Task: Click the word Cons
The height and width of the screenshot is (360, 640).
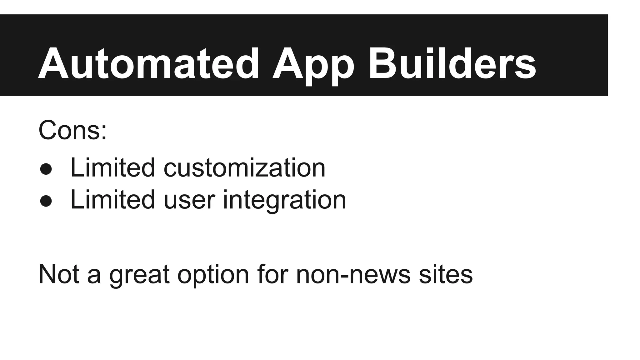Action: point(69,130)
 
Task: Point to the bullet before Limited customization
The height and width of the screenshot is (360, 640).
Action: point(46,169)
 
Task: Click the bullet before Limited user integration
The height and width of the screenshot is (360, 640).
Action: point(46,201)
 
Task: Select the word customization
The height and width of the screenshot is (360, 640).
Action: point(244,168)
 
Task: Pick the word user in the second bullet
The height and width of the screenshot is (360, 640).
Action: point(189,200)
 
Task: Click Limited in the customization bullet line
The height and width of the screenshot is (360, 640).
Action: point(112,168)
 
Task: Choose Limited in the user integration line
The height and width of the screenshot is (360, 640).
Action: point(112,200)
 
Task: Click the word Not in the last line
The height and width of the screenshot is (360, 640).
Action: point(58,274)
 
